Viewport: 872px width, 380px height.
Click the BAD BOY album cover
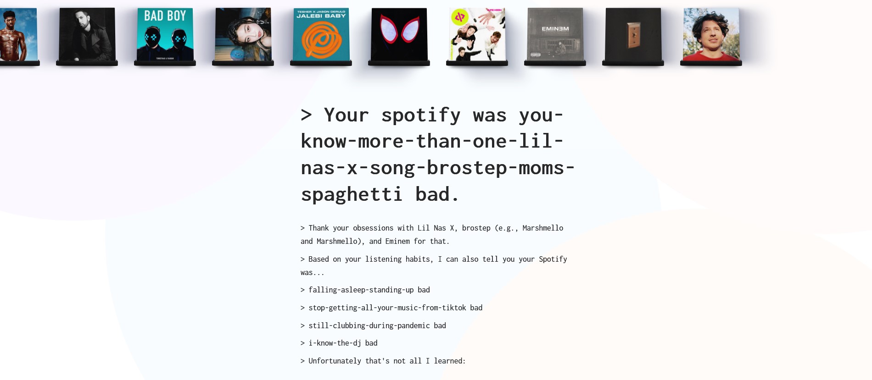165,34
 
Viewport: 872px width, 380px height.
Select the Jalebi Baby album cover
321,34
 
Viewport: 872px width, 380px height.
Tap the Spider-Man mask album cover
399,34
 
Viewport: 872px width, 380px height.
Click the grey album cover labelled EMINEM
555,34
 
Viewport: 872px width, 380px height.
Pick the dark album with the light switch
633,34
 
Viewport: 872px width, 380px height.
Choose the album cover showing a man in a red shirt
711,34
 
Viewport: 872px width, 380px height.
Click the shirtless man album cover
18,34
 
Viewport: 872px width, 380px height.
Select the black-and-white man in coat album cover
87,34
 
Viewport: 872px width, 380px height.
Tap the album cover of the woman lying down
243,34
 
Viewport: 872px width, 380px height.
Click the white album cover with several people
477,34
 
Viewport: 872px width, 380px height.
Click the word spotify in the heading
421,116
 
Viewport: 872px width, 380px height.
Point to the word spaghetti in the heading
352,195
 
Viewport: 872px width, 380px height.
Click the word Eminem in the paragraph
397,241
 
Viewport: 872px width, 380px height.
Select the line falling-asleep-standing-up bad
365,290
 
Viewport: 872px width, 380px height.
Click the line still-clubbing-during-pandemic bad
373,325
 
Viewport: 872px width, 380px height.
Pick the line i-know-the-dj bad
339,343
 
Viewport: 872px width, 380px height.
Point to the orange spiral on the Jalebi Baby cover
321,39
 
